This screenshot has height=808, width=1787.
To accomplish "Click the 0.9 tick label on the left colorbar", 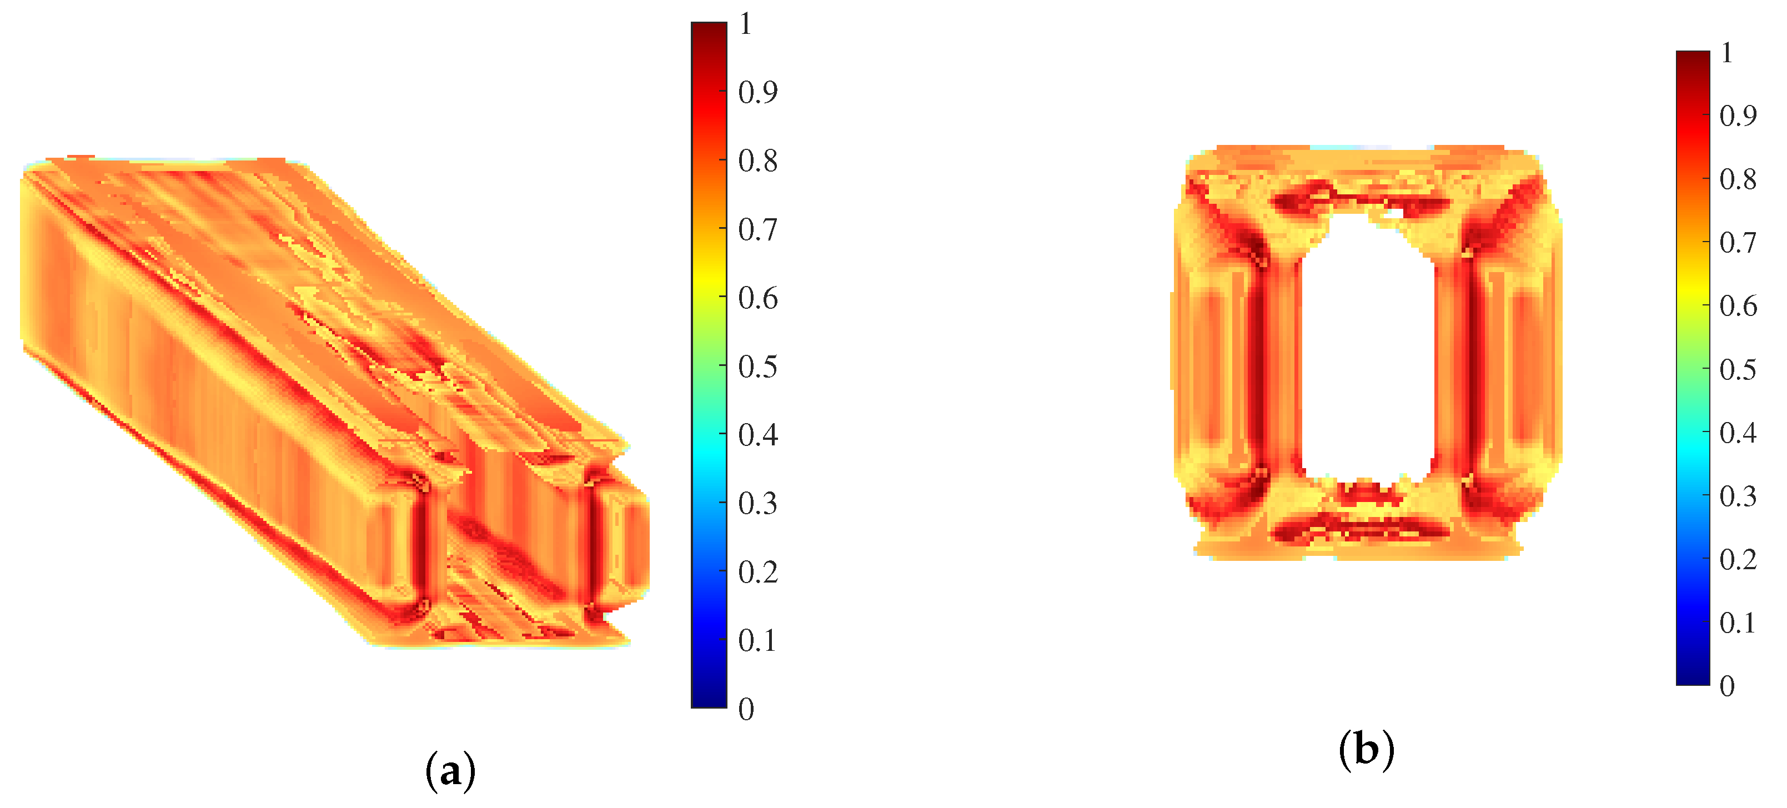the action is pyautogui.click(x=757, y=92).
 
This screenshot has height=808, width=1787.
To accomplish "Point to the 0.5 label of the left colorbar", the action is pyautogui.click(x=757, y=367).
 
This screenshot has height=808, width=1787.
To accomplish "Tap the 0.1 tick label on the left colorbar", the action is pyautogui.click(x=757, y=641).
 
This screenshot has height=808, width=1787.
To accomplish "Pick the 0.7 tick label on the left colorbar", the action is pyautogui.click(x=757, y=229).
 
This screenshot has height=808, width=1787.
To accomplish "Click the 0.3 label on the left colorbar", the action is pyautogui.click(x=757, y=504).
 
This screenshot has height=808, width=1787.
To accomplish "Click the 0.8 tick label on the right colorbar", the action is pyautogui.click(x=1739, y=179).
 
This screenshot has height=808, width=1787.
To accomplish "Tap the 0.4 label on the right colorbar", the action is pyautogui.click(x=1739, y=433).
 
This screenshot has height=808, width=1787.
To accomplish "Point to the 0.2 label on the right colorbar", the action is pyautogui.click(x=1739, y=560).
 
